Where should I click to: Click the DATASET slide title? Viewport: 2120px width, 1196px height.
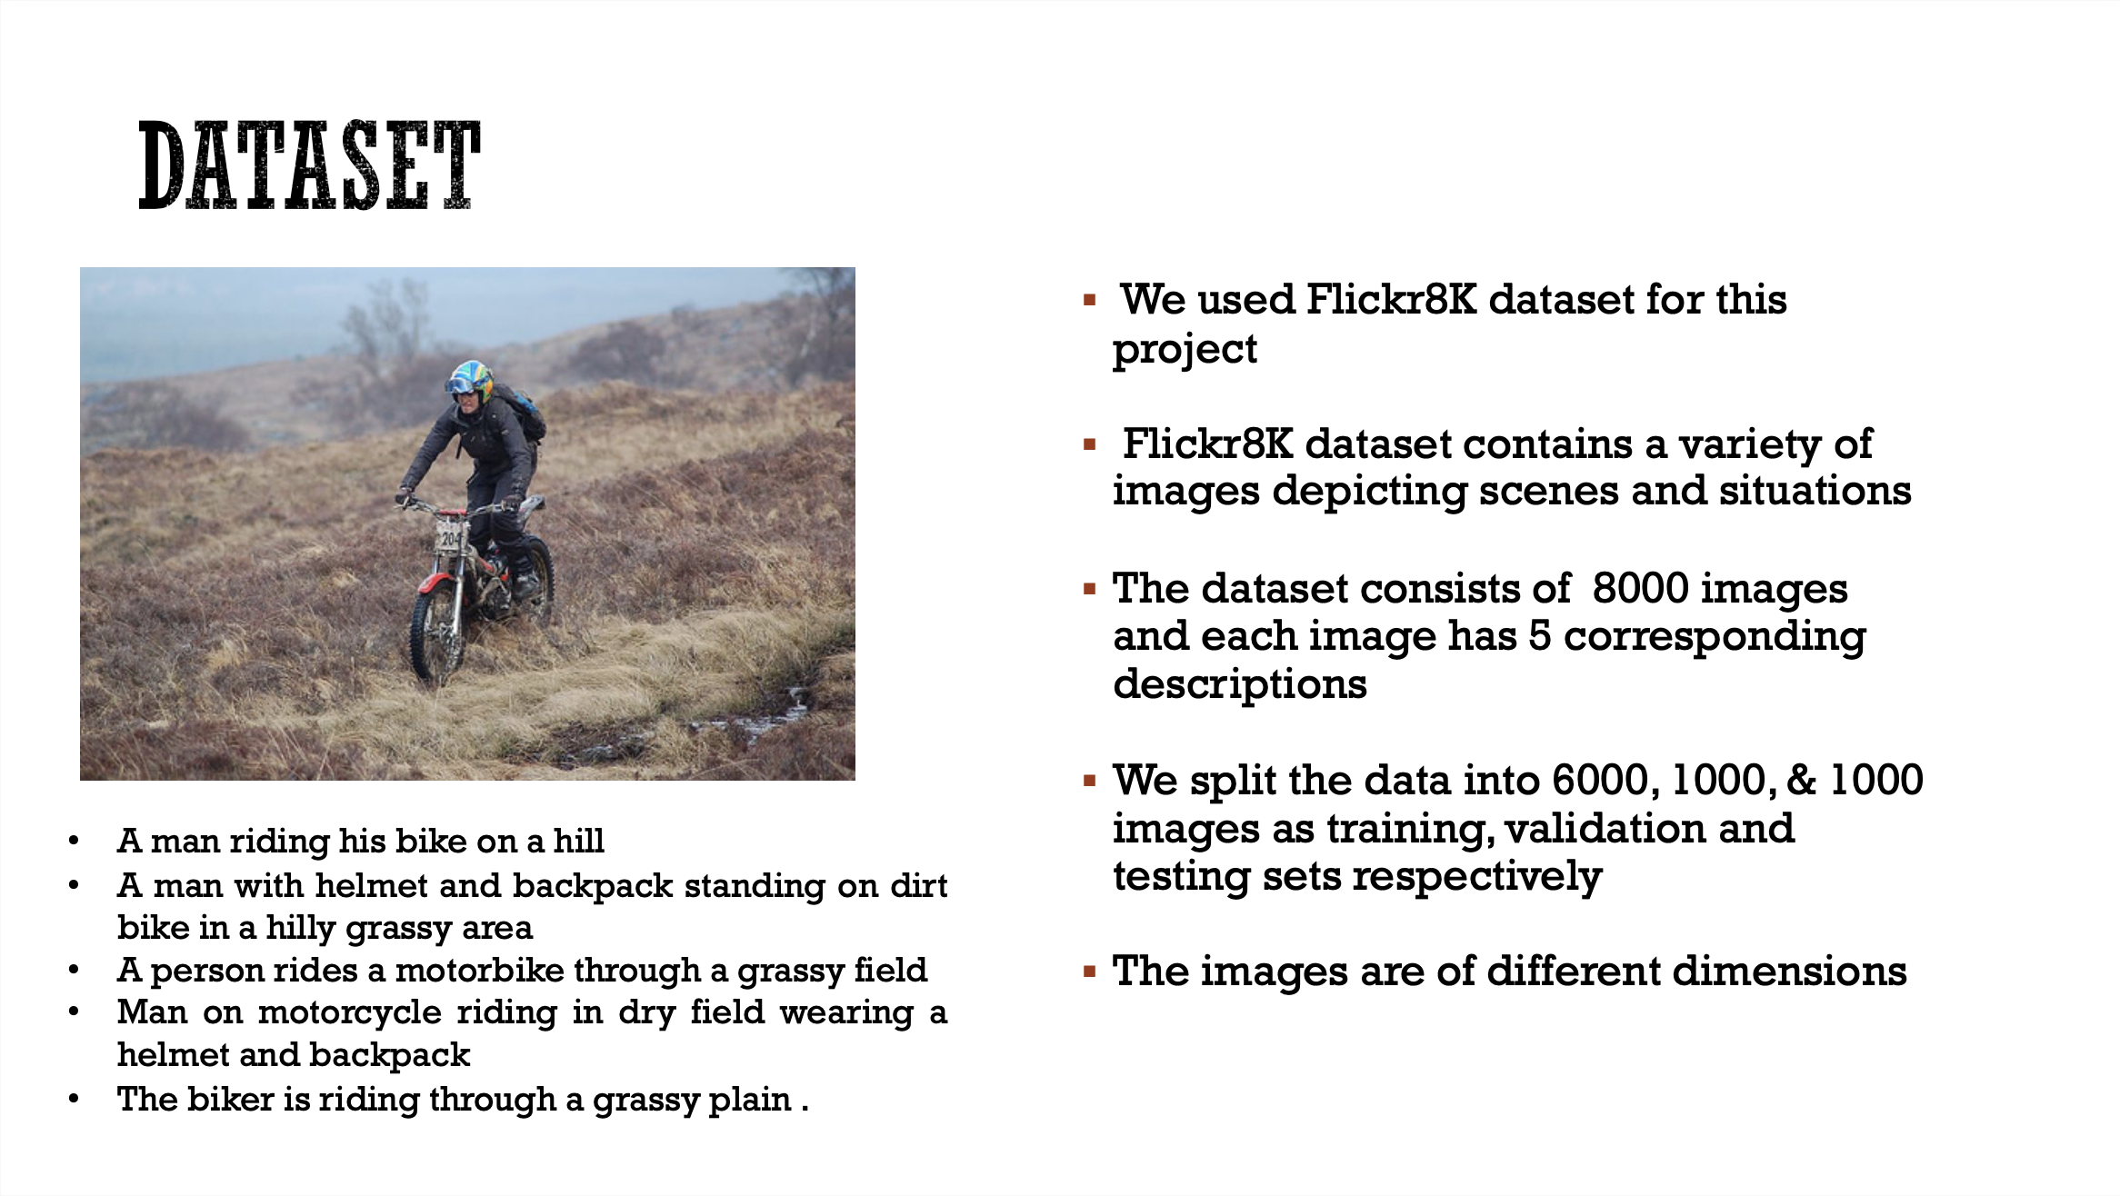[309, 165]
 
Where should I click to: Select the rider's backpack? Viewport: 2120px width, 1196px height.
[523, 409]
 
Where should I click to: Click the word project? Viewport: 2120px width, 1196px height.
[1185, 350]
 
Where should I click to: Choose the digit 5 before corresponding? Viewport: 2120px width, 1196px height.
[1539, 636]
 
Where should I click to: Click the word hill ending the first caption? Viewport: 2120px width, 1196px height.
[578, 841]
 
